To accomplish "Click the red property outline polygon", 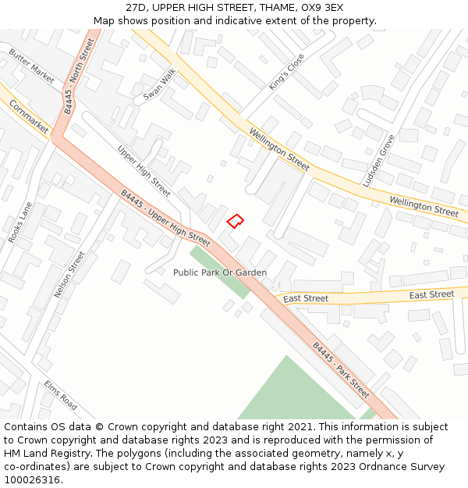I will (x=235, y=221).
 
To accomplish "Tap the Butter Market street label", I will (x=32, y=66).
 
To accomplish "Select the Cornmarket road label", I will (x=29, y=116).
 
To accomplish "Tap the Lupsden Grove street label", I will (x=378, y=160).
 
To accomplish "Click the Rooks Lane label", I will (x=20, y=222).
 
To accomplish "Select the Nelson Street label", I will (x=69, y=274).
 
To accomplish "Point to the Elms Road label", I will (x=61, y=396).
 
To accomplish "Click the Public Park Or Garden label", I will (x=220, y=272).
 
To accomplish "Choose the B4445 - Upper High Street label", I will (x=165, y=219).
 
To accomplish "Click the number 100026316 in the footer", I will (x=33, y=479).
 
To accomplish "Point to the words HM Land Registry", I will (x=42, y=453).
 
